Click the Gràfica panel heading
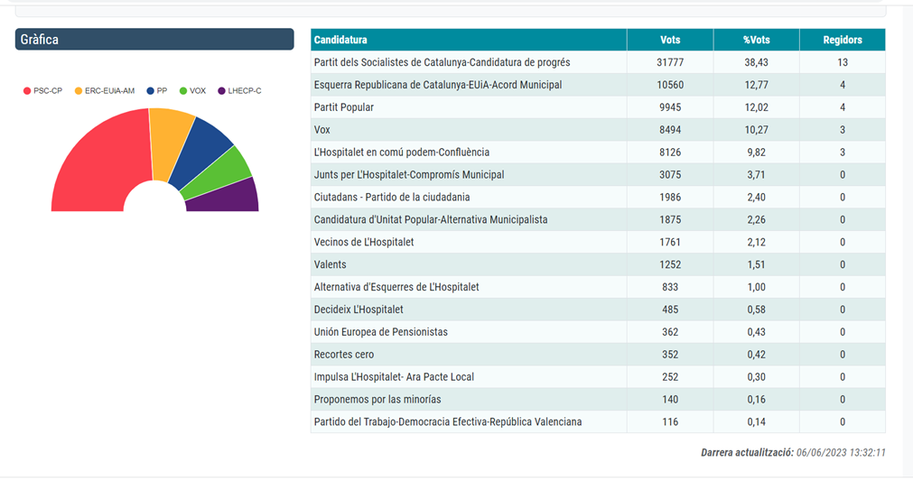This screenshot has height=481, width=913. click(154, 40)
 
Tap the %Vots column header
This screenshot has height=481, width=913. click(756, 40)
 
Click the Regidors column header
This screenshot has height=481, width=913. click(842, 40)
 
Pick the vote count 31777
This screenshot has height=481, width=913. click(670, 62)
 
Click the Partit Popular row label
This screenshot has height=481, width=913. click(343, 107)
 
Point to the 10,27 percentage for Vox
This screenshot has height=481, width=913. click(756, 130)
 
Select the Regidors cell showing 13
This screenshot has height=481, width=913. click(842, 62)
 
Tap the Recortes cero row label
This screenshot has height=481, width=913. click(343, 355)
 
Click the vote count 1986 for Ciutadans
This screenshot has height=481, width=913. click(670, 198)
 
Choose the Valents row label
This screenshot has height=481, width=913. click(330, 264)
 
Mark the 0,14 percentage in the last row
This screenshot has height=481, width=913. click(756, 422)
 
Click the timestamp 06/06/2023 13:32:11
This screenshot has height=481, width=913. click(842, 452)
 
